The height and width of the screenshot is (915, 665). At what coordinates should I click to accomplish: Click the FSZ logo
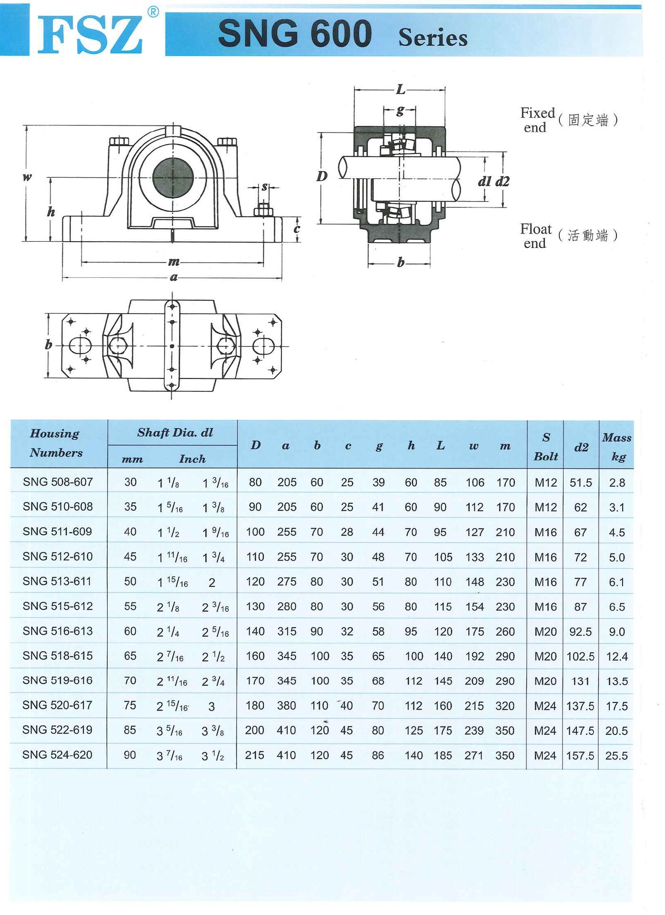pyautogui.click(x=90, y=34)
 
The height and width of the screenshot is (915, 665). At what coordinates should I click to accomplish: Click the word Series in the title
pyautogui.click(x=433, y=37)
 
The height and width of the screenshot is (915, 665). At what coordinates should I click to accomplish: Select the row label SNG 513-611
pyautogui.click(x=57, y=581)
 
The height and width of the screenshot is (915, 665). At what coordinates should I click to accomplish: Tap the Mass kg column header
pyautogui.click(x=616, y=447)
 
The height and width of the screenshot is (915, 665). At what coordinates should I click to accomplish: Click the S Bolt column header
pyautogui.click(x=545, y=447)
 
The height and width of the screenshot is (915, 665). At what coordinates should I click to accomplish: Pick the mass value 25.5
pyautogui.click(x=616, y=755)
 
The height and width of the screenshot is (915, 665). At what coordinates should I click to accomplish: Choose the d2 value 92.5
pyautogui.click(x=580, y=631)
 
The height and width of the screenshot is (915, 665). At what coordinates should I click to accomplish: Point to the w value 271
pyautogui.click(x=474, y=755)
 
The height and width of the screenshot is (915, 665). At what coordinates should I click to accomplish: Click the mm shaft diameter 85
pyautogui.click(x=130, y=730)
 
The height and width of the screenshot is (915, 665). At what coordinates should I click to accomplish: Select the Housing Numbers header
pyautogui.click(x=56, y=443)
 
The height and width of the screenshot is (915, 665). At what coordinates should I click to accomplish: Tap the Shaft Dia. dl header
pyautogui.click(x=175, y=432)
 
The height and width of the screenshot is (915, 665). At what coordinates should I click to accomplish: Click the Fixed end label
pyautogui.click(x=537, y=120)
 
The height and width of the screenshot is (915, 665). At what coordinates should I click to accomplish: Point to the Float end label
pyautogui.click(x=535, y=235)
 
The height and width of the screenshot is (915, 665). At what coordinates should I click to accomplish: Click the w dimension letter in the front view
pyautogui.click(x=27, y=177)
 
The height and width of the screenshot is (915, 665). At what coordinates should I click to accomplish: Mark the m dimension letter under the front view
pyautogui.click(x=173, y=262)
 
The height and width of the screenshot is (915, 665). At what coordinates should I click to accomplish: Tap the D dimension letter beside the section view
pyautogui.click(x=322, y=176)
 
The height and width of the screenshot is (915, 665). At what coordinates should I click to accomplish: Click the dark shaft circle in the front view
pyautogui.click(x=172, y=177)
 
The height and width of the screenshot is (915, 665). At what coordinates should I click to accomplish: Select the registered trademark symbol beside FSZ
pyautogui.click(x=153, y=12)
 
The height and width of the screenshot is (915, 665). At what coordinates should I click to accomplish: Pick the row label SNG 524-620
pyautogui.click(x=57, y=755)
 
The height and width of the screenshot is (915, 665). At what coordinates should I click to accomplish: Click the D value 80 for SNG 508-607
pyautogui.click(x=255, y=482)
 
